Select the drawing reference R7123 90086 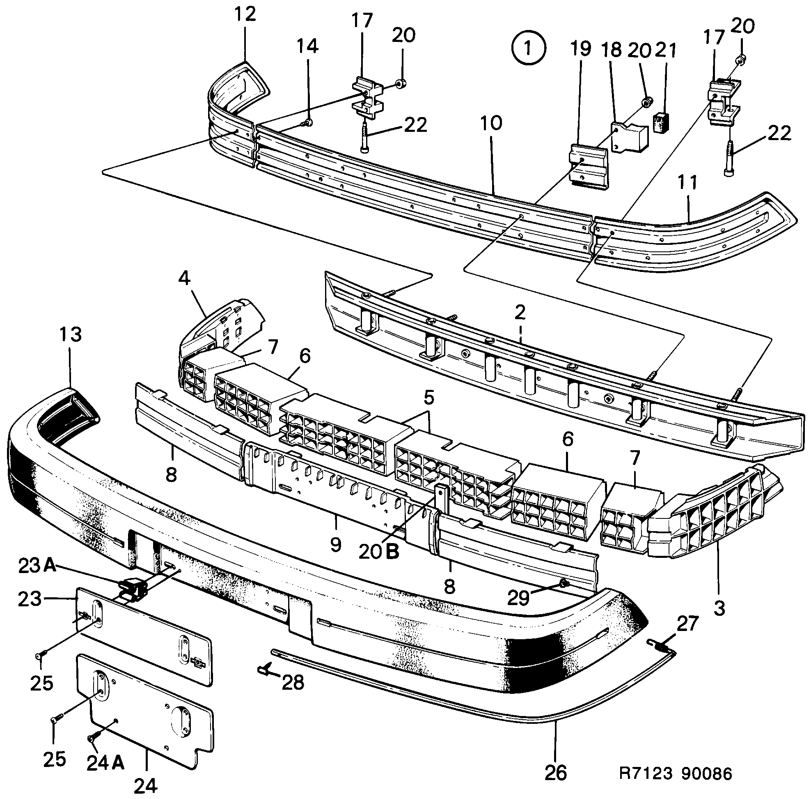pos(676,774)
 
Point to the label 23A pos(37,566)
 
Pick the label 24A pos(105,763)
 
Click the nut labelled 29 pos(564,583)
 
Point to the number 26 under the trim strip pos(556,772)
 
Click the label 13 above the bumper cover pos(71,334)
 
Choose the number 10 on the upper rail pos(491,123)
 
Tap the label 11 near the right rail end pos(688,182)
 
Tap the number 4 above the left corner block pos(185,278)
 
